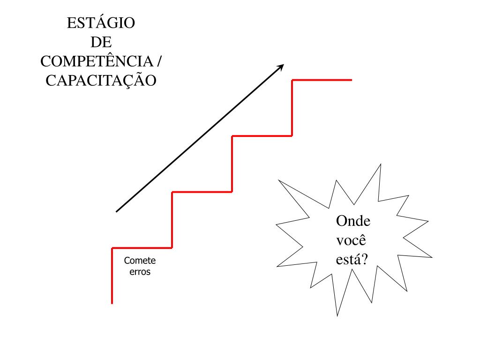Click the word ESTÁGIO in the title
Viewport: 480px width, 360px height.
coord(101,23)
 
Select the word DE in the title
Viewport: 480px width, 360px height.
coord(101,42)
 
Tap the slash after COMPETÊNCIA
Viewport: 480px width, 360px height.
coord(161,61)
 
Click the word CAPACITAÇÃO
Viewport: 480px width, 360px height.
coord(101,80)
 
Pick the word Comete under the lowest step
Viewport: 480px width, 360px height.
coord(140,261)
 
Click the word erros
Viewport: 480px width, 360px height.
coord(140,272)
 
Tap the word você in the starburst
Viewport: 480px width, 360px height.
coord(351,240)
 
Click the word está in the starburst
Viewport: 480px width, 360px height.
coord(347,259)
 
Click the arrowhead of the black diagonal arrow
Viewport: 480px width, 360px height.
coord(282,66)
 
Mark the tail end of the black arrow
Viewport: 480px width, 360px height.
coord(116,212)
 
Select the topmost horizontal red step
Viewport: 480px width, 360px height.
coord(322,80)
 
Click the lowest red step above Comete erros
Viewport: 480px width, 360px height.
coord(142,247)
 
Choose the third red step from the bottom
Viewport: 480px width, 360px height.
coord(262,136)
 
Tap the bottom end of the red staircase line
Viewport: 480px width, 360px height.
coord(112,303)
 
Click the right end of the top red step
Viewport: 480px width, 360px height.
coord(351,80)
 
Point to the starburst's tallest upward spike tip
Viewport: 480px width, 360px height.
coord(380,164)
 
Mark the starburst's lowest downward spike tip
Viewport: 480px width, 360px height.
coord(337,315)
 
